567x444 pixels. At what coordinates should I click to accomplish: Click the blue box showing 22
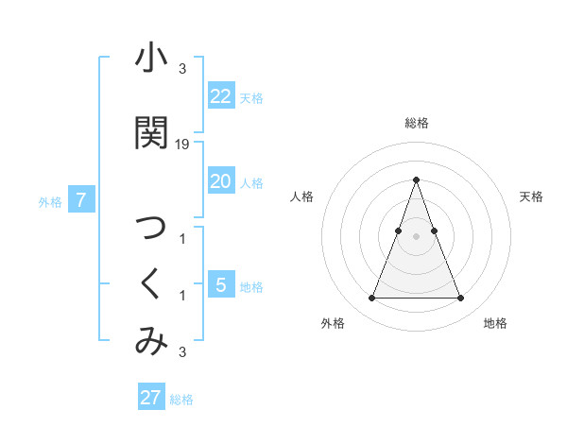pyautogui.click(x=221, y=96)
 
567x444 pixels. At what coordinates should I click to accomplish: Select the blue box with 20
pyautogui.click(x=221, y=180)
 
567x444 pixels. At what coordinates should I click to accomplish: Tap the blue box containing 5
pyautogui.click(x=221, y=284)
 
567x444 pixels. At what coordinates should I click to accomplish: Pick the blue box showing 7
pyautogui.click(x=82, y=199)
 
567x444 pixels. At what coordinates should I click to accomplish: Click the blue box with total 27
pyautogui.click(x=151, y=397)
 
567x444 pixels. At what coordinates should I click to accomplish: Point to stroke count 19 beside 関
pyautogui.click(x=182, y=145)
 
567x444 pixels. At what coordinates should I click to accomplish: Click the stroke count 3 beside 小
pyautogui.click(x=182, y=69)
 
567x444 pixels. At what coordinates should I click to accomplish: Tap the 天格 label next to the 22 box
pyautogui.click(x=251, y=97)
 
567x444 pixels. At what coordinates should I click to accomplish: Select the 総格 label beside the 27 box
pyautogui.click(x=181, y=399)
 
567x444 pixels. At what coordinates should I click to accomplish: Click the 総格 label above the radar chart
pyautogui.click(x=416, y=123)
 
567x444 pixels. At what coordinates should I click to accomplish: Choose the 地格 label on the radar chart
pyautogui.click(x=495, y=323)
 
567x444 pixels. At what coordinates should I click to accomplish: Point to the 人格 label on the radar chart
pyautogui.click(x=301, y=196)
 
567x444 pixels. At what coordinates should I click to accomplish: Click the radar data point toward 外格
pyautogui.click(x=371, y=299)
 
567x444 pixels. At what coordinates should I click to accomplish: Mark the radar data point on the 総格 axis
pyautogui.click(x=416, y=179)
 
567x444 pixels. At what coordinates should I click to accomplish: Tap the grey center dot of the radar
pyautogui.click(x=416, y=235)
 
